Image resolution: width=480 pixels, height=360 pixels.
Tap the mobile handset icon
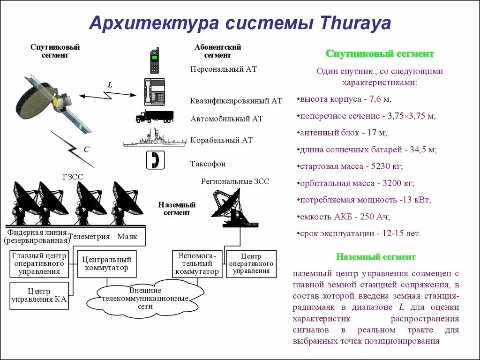point(155,60)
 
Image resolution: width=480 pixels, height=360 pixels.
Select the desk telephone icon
point(154,91)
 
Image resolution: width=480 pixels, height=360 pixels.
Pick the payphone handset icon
point(155,160)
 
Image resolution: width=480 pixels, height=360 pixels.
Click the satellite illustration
point(47,103)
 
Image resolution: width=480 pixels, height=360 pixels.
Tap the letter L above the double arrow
point(110,85)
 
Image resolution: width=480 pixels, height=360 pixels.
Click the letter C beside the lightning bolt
point(86,149)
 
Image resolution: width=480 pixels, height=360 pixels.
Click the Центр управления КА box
point(39,295)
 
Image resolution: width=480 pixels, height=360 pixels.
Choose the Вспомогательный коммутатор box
point(196,263)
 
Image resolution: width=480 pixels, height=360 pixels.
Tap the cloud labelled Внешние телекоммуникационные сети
point(145,298)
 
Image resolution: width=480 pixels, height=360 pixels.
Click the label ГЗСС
point(72,177)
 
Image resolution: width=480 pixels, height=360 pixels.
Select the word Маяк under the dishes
point(127,237)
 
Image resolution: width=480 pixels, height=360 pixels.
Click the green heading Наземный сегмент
point(375,257)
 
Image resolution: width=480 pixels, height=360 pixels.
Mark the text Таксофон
point(208,164)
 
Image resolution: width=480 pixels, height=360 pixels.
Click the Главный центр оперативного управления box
point(39,264)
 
